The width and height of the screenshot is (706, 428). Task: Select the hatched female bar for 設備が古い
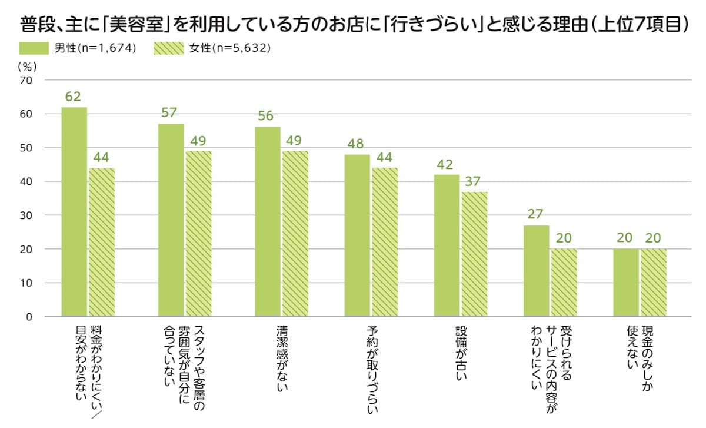[474, 254]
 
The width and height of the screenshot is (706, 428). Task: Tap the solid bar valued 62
[74, 212]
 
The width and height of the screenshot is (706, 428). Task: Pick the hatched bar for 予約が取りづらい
[385, 242]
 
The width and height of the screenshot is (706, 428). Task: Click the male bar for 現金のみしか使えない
[625, 283]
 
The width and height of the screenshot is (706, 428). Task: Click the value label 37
[474, 180]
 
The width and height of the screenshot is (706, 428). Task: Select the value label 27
[535, 214]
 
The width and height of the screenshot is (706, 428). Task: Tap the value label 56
[265, 116]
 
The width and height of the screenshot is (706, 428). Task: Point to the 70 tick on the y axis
[26, 80]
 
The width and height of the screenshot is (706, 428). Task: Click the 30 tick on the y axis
[26, 215]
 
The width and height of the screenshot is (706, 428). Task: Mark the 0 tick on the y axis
[29, 317]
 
